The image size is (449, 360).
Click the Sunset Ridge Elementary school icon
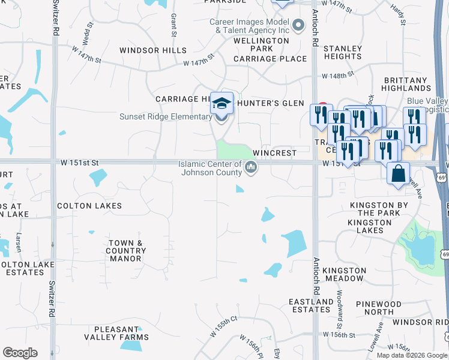(x=221, y=104)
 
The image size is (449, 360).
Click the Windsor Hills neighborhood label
(x=152, y=50)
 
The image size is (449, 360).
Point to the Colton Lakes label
(x=89, y=206)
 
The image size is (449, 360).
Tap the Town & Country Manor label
(x=125, y=251)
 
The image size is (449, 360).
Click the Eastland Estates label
(x=310, y=305)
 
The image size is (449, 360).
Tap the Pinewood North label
(x=378, y=308)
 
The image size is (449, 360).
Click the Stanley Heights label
(x=343, y=52)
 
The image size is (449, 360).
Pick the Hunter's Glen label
(x=270, y=103)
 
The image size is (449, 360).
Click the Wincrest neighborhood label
(x=274, y=153)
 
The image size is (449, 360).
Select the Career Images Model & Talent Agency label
(x=249, y=26)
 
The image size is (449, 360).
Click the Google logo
(x=20, y=353)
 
